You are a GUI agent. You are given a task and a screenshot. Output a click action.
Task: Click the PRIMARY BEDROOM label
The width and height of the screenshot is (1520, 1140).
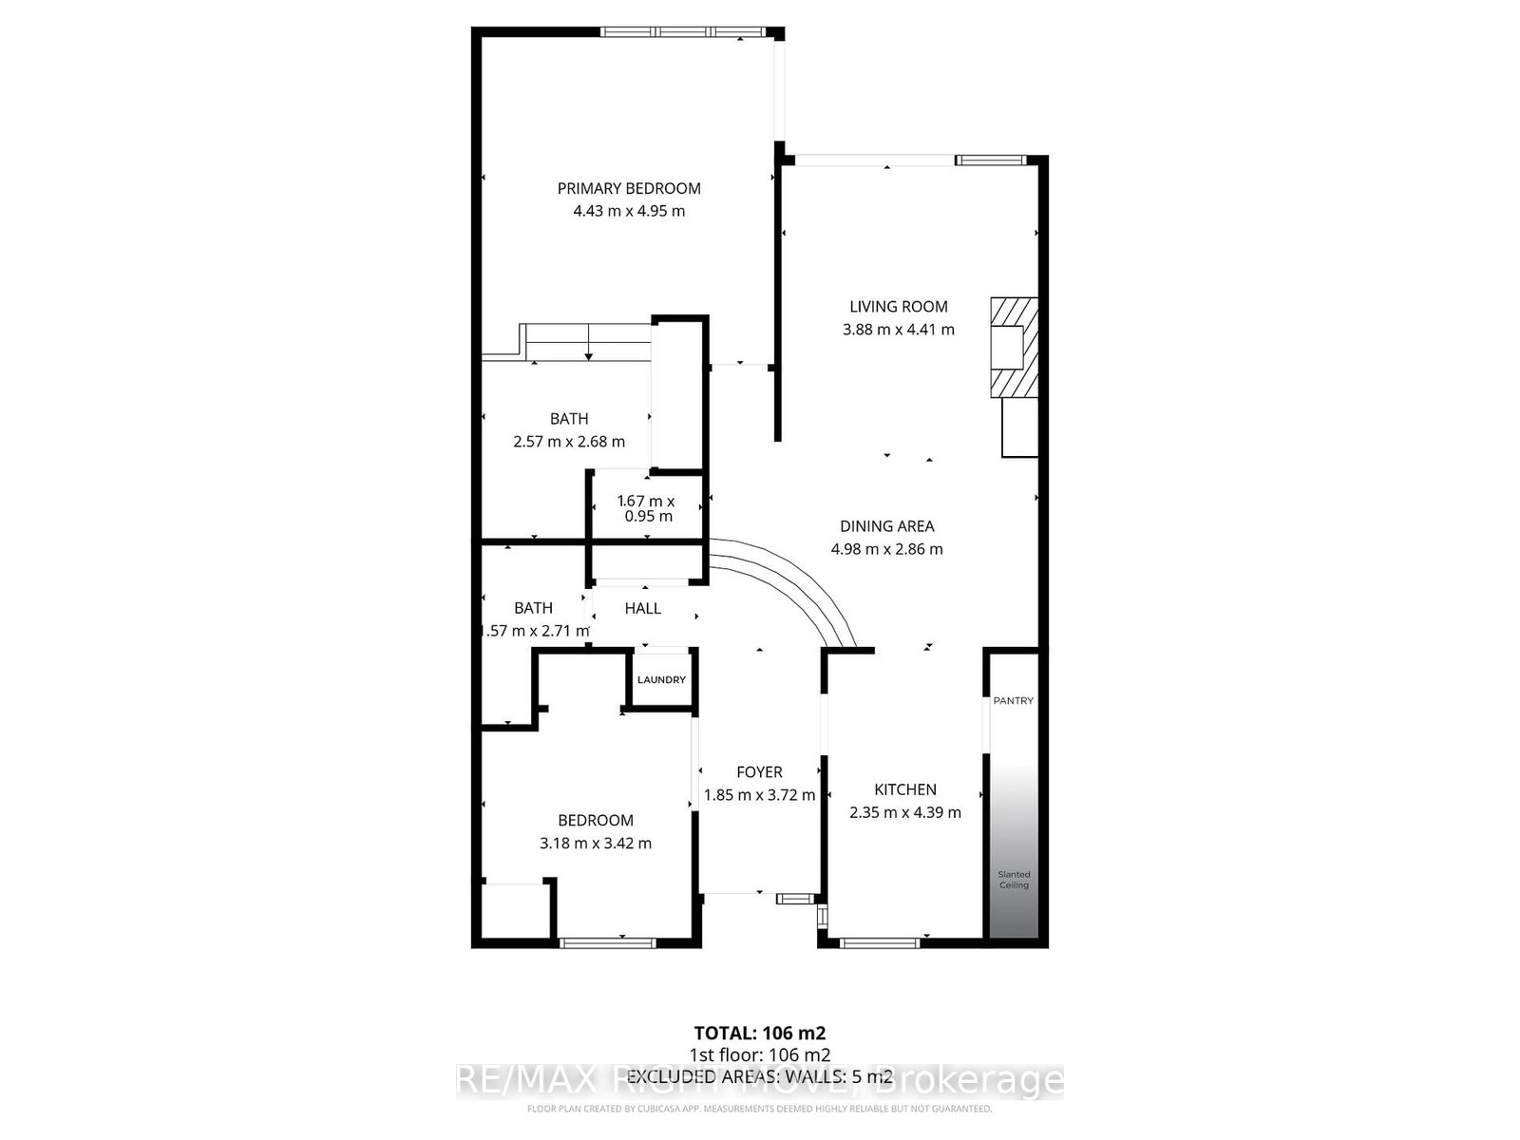click(x=629, y=188)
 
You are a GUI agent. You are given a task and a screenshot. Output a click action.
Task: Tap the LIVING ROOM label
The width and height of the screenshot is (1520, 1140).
click(x=898, y=306)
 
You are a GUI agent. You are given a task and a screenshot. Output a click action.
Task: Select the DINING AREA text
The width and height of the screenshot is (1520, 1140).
click(x=886, y=525)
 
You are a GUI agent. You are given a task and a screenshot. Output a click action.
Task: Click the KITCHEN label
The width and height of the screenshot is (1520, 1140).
click(x=905, y=789)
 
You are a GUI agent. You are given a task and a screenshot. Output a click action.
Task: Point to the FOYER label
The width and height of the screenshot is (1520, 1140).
click(x=759, y=772)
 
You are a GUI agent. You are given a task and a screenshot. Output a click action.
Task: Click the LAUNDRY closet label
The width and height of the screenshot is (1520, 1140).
click(x=661, y=679)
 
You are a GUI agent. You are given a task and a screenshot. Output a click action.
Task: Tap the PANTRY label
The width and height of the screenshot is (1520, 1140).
click(x=1013, y=700)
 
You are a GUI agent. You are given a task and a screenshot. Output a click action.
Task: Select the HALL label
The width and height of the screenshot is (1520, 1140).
click(x=642, y=608)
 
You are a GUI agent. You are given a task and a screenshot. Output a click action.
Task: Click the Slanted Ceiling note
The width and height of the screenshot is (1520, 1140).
click(x=1014, y=880)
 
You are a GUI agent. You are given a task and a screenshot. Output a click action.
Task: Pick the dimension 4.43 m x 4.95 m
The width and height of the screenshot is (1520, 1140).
click(x=629, y=211)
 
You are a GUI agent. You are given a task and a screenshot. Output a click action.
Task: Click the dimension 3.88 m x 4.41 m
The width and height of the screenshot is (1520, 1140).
click(x=898, y=330)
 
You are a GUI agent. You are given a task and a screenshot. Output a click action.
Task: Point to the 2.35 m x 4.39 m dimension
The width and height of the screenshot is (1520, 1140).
click(x=905, y=812)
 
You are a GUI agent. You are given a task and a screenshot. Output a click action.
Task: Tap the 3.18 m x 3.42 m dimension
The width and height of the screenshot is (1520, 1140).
click(x=596, y=843)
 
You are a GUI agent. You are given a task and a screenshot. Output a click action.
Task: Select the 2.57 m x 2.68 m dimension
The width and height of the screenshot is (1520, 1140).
click(x=569, y=441)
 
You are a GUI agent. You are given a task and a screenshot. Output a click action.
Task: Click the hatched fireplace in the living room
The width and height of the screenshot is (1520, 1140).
click(x=1013, y=347)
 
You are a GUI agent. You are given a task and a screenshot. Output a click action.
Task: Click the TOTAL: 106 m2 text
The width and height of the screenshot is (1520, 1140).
click(x=759, y=1033)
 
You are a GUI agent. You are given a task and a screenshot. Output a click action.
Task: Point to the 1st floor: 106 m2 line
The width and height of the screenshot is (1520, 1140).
click(x=759, y=1054)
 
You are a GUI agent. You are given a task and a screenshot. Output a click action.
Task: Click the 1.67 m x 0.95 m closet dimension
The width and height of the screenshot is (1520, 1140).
click(x=647, y=508)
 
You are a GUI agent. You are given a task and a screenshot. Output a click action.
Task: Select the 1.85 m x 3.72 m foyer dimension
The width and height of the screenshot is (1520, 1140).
click(x=759, y=795)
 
